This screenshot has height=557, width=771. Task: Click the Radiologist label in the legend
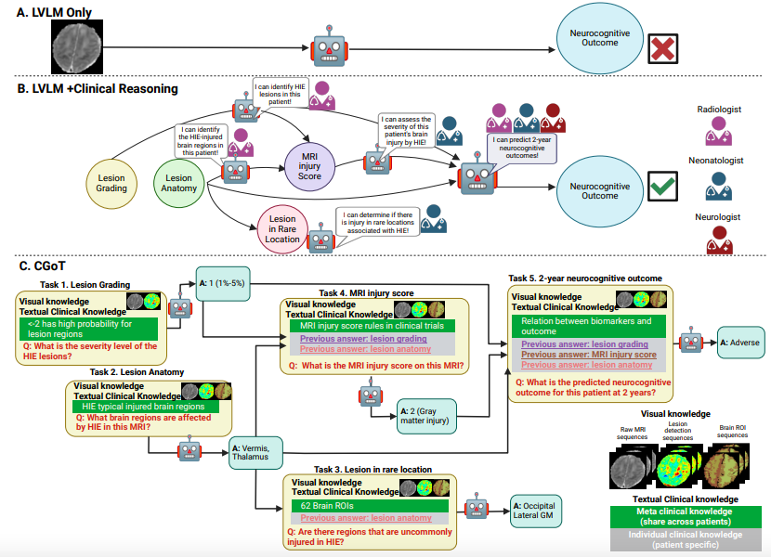pos(719,110)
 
